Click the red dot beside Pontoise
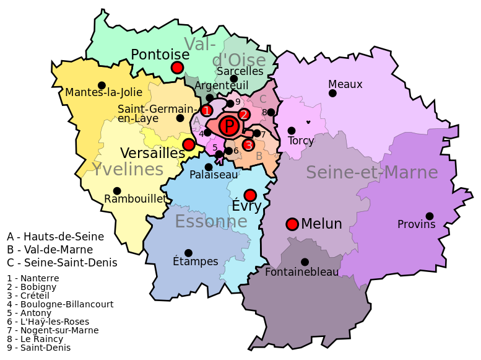point(177,68)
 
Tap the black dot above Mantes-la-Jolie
point(102,86)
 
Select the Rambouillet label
point(135,199)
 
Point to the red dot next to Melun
point(292,224)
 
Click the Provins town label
point(417,224)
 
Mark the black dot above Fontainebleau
point(305,262)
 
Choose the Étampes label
point(196,261)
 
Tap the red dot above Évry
point(250,195)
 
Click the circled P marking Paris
point(229,127)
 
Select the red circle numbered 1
point(207,111)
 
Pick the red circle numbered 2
point(244,115)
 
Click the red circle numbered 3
point(248,145)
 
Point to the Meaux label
point(345,84)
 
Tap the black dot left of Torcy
point(292,131)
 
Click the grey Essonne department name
point(211,221)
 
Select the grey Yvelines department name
point(128,170)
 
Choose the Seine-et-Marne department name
point(372,172)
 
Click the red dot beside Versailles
point(189,144)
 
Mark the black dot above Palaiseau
point(209,167)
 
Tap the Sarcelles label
point(240,71)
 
